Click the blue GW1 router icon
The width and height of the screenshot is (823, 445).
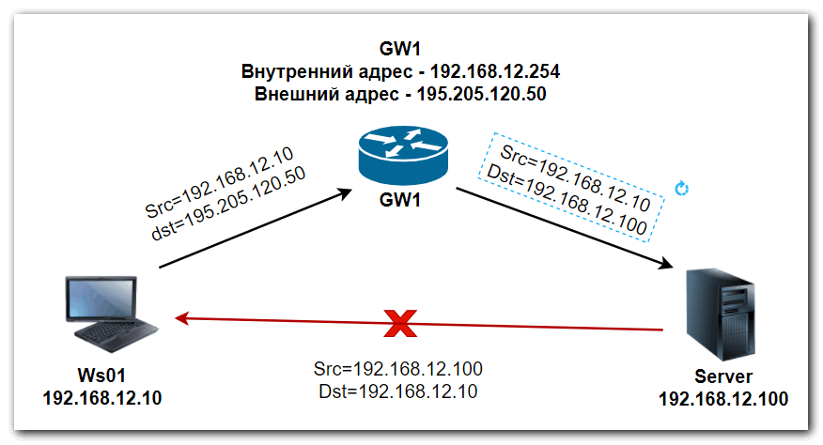405,156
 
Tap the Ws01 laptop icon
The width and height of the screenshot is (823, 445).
104,313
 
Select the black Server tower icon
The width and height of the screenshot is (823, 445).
719,315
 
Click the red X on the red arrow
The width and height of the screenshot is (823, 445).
402,324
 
